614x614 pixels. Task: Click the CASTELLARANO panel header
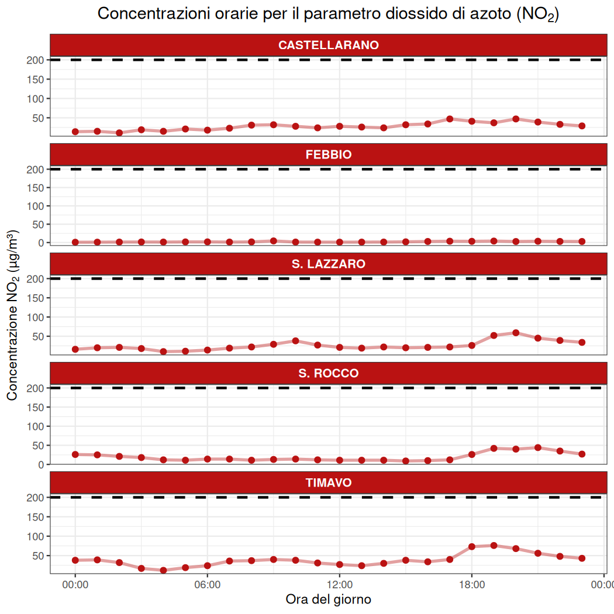(328, 45)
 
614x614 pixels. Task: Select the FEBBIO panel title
(328, 155)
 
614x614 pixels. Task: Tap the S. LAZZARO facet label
(328, 264)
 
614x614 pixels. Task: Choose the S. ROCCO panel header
(328, 374)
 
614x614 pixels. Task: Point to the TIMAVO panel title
(328, 483)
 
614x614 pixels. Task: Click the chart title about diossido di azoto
(328, 14)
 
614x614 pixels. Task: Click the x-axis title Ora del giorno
(328, 599)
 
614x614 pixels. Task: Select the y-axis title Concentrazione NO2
(12, 316)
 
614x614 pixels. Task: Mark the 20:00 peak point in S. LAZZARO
(516, 333)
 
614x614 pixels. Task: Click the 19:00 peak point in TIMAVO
(494, 546)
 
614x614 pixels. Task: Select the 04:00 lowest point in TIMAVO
(163, 570)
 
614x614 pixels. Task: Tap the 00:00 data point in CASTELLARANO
(75, 132)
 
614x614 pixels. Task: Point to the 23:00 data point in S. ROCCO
(582, 454)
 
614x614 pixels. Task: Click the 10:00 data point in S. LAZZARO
(295, 341)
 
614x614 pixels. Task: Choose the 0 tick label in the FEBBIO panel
(41, 243)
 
